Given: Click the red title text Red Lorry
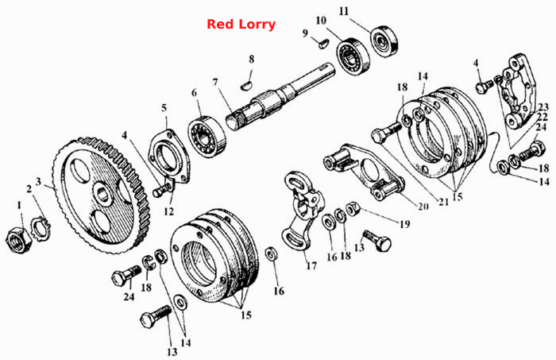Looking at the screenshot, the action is (x=241, y=24).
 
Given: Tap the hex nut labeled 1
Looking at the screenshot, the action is (x=19, y=240).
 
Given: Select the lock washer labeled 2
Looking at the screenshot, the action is (x=41, y=228).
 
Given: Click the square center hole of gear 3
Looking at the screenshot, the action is (x=103, y=194).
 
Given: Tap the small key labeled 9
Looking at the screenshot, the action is (x=323, y=45).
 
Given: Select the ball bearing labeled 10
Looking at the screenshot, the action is (x=353, y=56).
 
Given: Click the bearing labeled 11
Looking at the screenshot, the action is (x=384, y=41).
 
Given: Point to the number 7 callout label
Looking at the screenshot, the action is (x=215, y=83).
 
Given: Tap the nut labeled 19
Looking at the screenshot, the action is (x=353, y=208).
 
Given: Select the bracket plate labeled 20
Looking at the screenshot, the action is (x=365, y=171).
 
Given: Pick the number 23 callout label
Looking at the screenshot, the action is (x=542, y=106).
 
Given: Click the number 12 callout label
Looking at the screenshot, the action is (x=168, y=211).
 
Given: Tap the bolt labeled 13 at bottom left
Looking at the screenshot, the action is (x=156, y=317).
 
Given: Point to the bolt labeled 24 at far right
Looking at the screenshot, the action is (x=531, y=151).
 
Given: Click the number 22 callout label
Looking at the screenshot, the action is (x=542, y=116).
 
